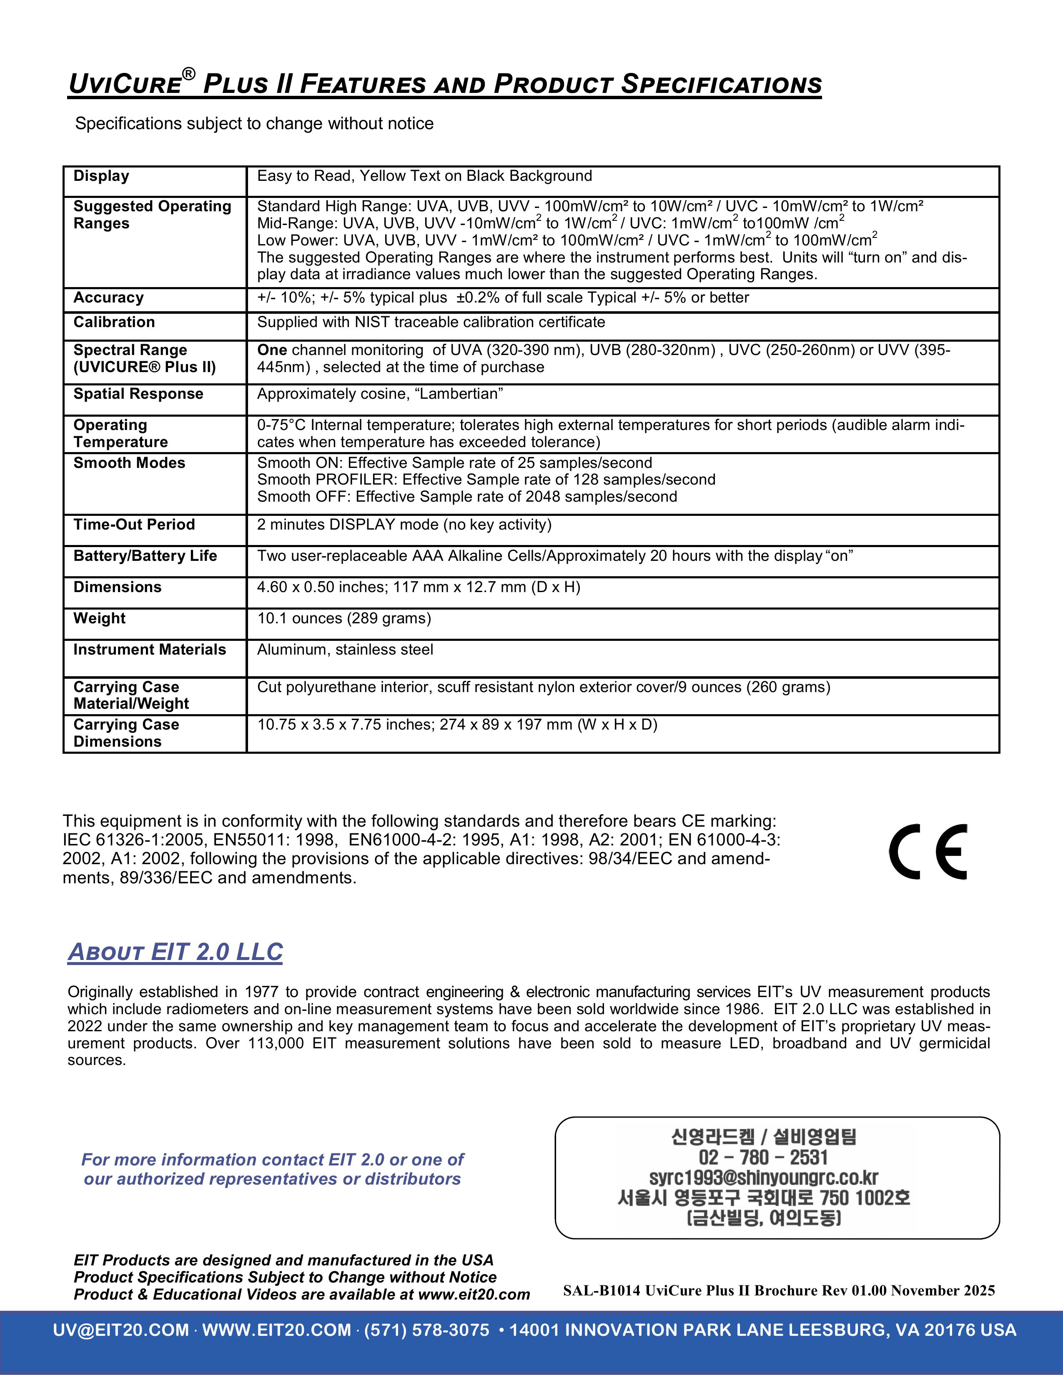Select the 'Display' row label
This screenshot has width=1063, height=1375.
[101, 176]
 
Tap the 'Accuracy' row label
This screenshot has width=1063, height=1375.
[108, 298]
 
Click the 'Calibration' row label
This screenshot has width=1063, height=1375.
[114, 322]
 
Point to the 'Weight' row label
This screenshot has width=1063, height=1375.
[100, 618]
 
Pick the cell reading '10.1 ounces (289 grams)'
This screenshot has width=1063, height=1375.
[344, 618]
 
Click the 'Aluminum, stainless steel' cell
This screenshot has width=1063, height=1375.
[345, 650]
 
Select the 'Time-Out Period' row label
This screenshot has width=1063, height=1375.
[134, 525]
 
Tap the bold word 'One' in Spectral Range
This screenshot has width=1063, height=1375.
[272, 350]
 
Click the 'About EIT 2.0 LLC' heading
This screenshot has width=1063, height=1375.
[175, 952]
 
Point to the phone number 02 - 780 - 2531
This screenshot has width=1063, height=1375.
[763, 1157]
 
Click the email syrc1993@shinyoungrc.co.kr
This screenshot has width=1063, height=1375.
[763, 1177]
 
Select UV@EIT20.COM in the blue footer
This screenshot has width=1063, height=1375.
[121, 1330]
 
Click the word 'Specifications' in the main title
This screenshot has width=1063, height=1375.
[721, 84]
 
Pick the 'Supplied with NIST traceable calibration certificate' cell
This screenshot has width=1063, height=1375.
[431, 322]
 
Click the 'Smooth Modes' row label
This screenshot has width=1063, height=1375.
[129, 463]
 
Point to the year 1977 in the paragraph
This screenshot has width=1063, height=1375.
[261, 992]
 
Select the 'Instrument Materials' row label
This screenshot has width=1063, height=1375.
[149, 650]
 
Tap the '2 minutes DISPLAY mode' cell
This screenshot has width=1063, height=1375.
[404, 525]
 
